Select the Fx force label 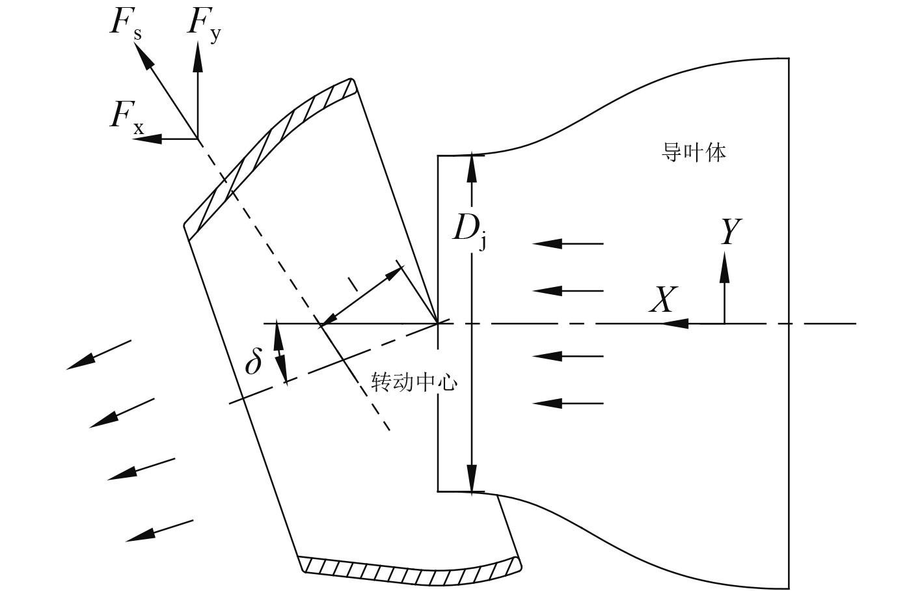pos(126,117)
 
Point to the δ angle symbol pos(253,362)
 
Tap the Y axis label pos(731,232)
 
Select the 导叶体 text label pos(694,153)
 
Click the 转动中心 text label pos(414,382)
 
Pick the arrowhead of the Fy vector pos(197,57)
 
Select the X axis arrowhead pos(677,323)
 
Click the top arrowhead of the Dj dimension pos(472,167)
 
